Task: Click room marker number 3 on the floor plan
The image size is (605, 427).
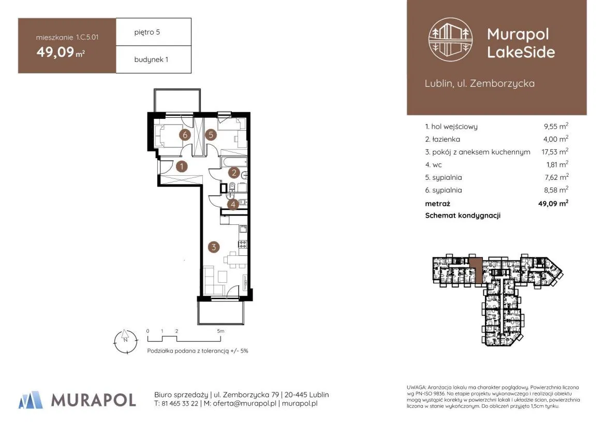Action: (x=214, y=247)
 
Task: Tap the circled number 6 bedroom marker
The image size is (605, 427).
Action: (x=185, y=135)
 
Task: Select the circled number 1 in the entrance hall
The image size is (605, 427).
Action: (x=181, y=166)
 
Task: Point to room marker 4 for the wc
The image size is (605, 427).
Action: (x=233, y=204)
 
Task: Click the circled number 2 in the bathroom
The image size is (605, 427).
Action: (x=234, y=173)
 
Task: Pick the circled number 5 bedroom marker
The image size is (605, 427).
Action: (x=211, y=135)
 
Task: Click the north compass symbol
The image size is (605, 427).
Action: (x=125, y=341)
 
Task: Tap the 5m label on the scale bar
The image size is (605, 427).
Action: (x=220, y=331)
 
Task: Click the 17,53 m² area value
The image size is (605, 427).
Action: (x=555, y=151)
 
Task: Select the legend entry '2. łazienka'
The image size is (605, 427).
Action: (x=442, y=139)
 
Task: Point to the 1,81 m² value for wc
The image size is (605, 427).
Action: (x=557, y=164)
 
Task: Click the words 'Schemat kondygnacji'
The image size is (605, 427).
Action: (x=463, y=216)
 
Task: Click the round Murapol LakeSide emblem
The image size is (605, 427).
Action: (x=451, y=40)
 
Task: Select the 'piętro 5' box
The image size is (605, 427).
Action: (x=154, y=32)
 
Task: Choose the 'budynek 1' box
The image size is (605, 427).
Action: (x=154, y=59)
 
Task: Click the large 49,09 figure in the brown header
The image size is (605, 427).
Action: (x=55, y=52)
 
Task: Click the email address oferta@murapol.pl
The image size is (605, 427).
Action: (x=245, y=404)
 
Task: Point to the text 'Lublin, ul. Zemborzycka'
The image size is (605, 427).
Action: (x=480, y=83)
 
